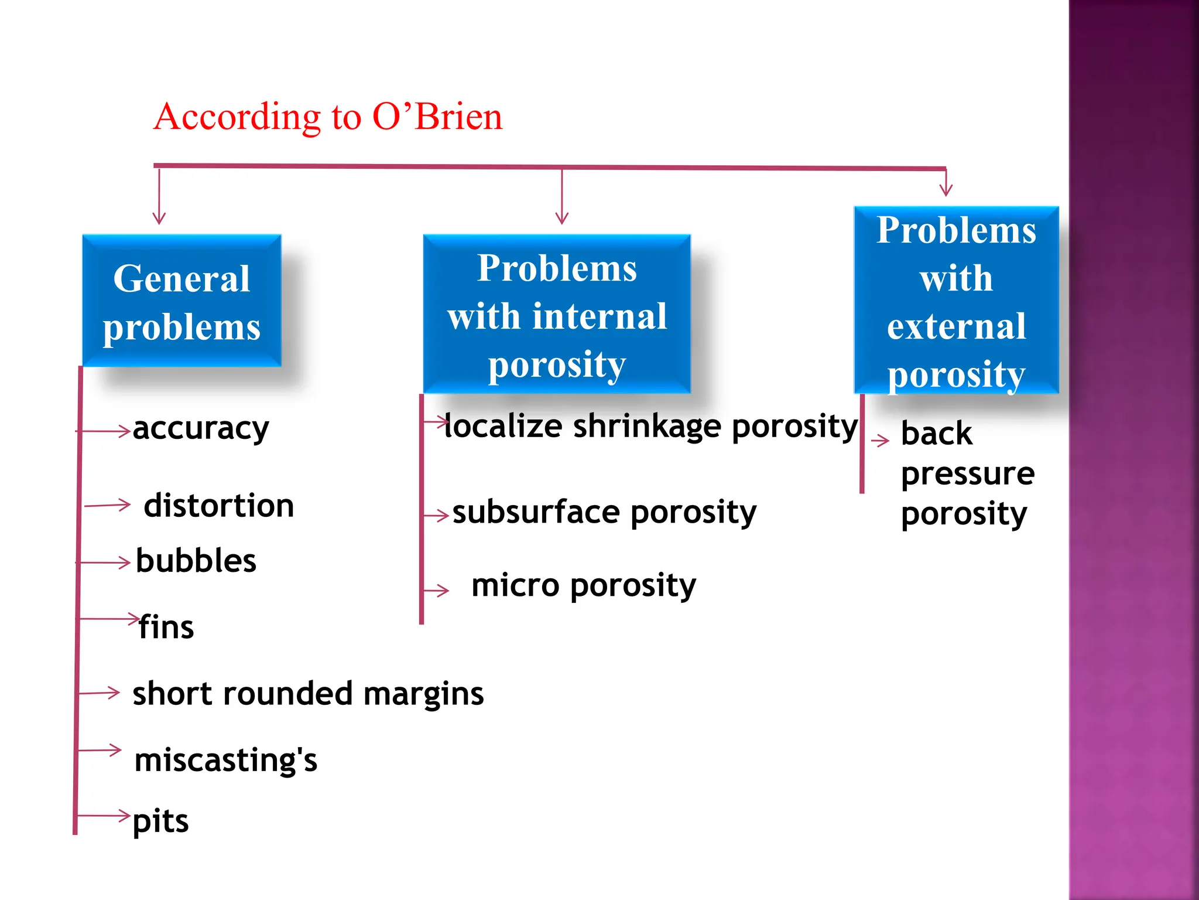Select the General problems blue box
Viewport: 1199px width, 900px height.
pyautogui.click(x=181, y=301)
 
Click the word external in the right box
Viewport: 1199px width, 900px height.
pyautogui.click(x=956, y=326)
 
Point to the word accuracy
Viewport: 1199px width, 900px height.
pyautogui.click(x=201, y=429)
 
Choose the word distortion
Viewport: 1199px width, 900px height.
pyautogui.click(x=219, y=506)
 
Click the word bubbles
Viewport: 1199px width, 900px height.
pyautogui.click(x=196, y=561)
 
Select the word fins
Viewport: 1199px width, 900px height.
pyautogui.click(x=166, y=627)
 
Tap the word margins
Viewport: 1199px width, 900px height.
pyautogui.click(x=423, y=694)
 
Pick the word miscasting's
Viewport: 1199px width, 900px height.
pyautogui.click(x=225, y=760)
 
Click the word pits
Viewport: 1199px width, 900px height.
pyautogui.click(x=160, y=821)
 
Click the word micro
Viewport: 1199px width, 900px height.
pyautogui.click(x=515, y=585)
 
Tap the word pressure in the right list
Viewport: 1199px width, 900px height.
pyautogui.click(x=967, y=473)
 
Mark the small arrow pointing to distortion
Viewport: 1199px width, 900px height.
pyautogui.click(x=108, y=505)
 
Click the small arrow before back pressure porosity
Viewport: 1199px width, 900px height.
pyautogui.click(x=880, y=441)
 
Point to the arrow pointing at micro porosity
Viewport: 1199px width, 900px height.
pyautogui.click(x=437, y=590)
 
